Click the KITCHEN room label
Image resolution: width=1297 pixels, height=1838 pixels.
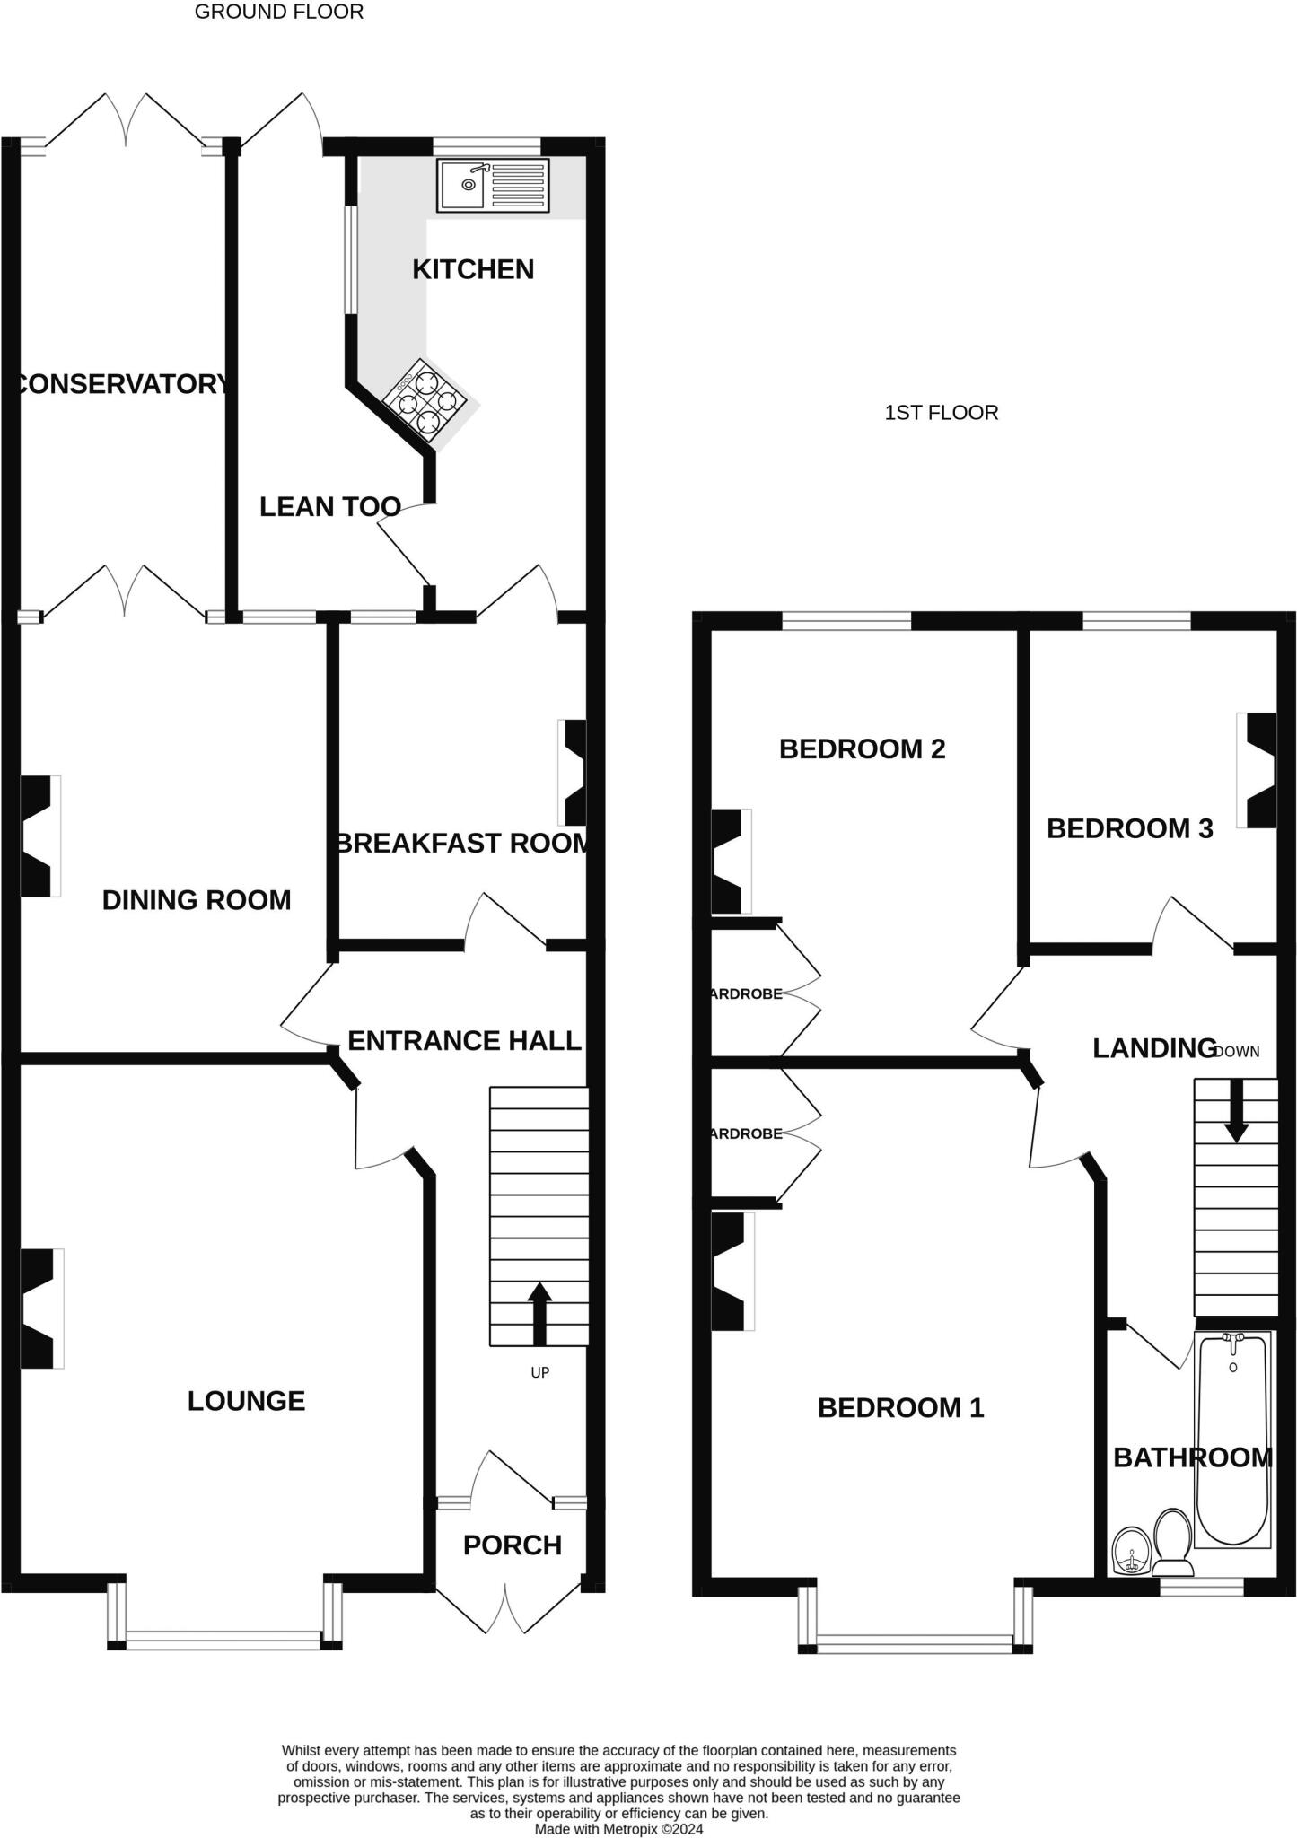point(473,269)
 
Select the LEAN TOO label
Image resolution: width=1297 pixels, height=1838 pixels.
point(330,507)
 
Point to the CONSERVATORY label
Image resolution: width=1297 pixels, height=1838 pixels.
point(122,384)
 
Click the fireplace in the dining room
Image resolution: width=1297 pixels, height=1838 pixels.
point(40,836)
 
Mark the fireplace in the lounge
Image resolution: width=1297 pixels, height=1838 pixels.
point(42,1308)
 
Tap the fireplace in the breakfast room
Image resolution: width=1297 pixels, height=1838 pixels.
point(572,772)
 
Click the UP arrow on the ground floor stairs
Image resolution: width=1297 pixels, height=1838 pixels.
point(539,1314)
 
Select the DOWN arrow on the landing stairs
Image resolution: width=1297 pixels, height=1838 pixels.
point(1236,1110)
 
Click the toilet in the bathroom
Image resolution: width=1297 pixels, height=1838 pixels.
point(1172,1543)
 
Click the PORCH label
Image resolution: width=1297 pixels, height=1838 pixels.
point(513,1545)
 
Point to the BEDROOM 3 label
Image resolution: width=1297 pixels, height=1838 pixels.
point(1130,828)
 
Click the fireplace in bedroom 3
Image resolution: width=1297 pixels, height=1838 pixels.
point(1257,770)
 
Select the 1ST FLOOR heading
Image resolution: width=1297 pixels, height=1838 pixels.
point(942,413)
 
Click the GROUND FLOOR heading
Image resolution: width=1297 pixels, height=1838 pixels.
point(279,12)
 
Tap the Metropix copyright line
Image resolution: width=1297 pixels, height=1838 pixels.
point(619,1828)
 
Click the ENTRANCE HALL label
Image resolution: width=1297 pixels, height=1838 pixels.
point(464,1041)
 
